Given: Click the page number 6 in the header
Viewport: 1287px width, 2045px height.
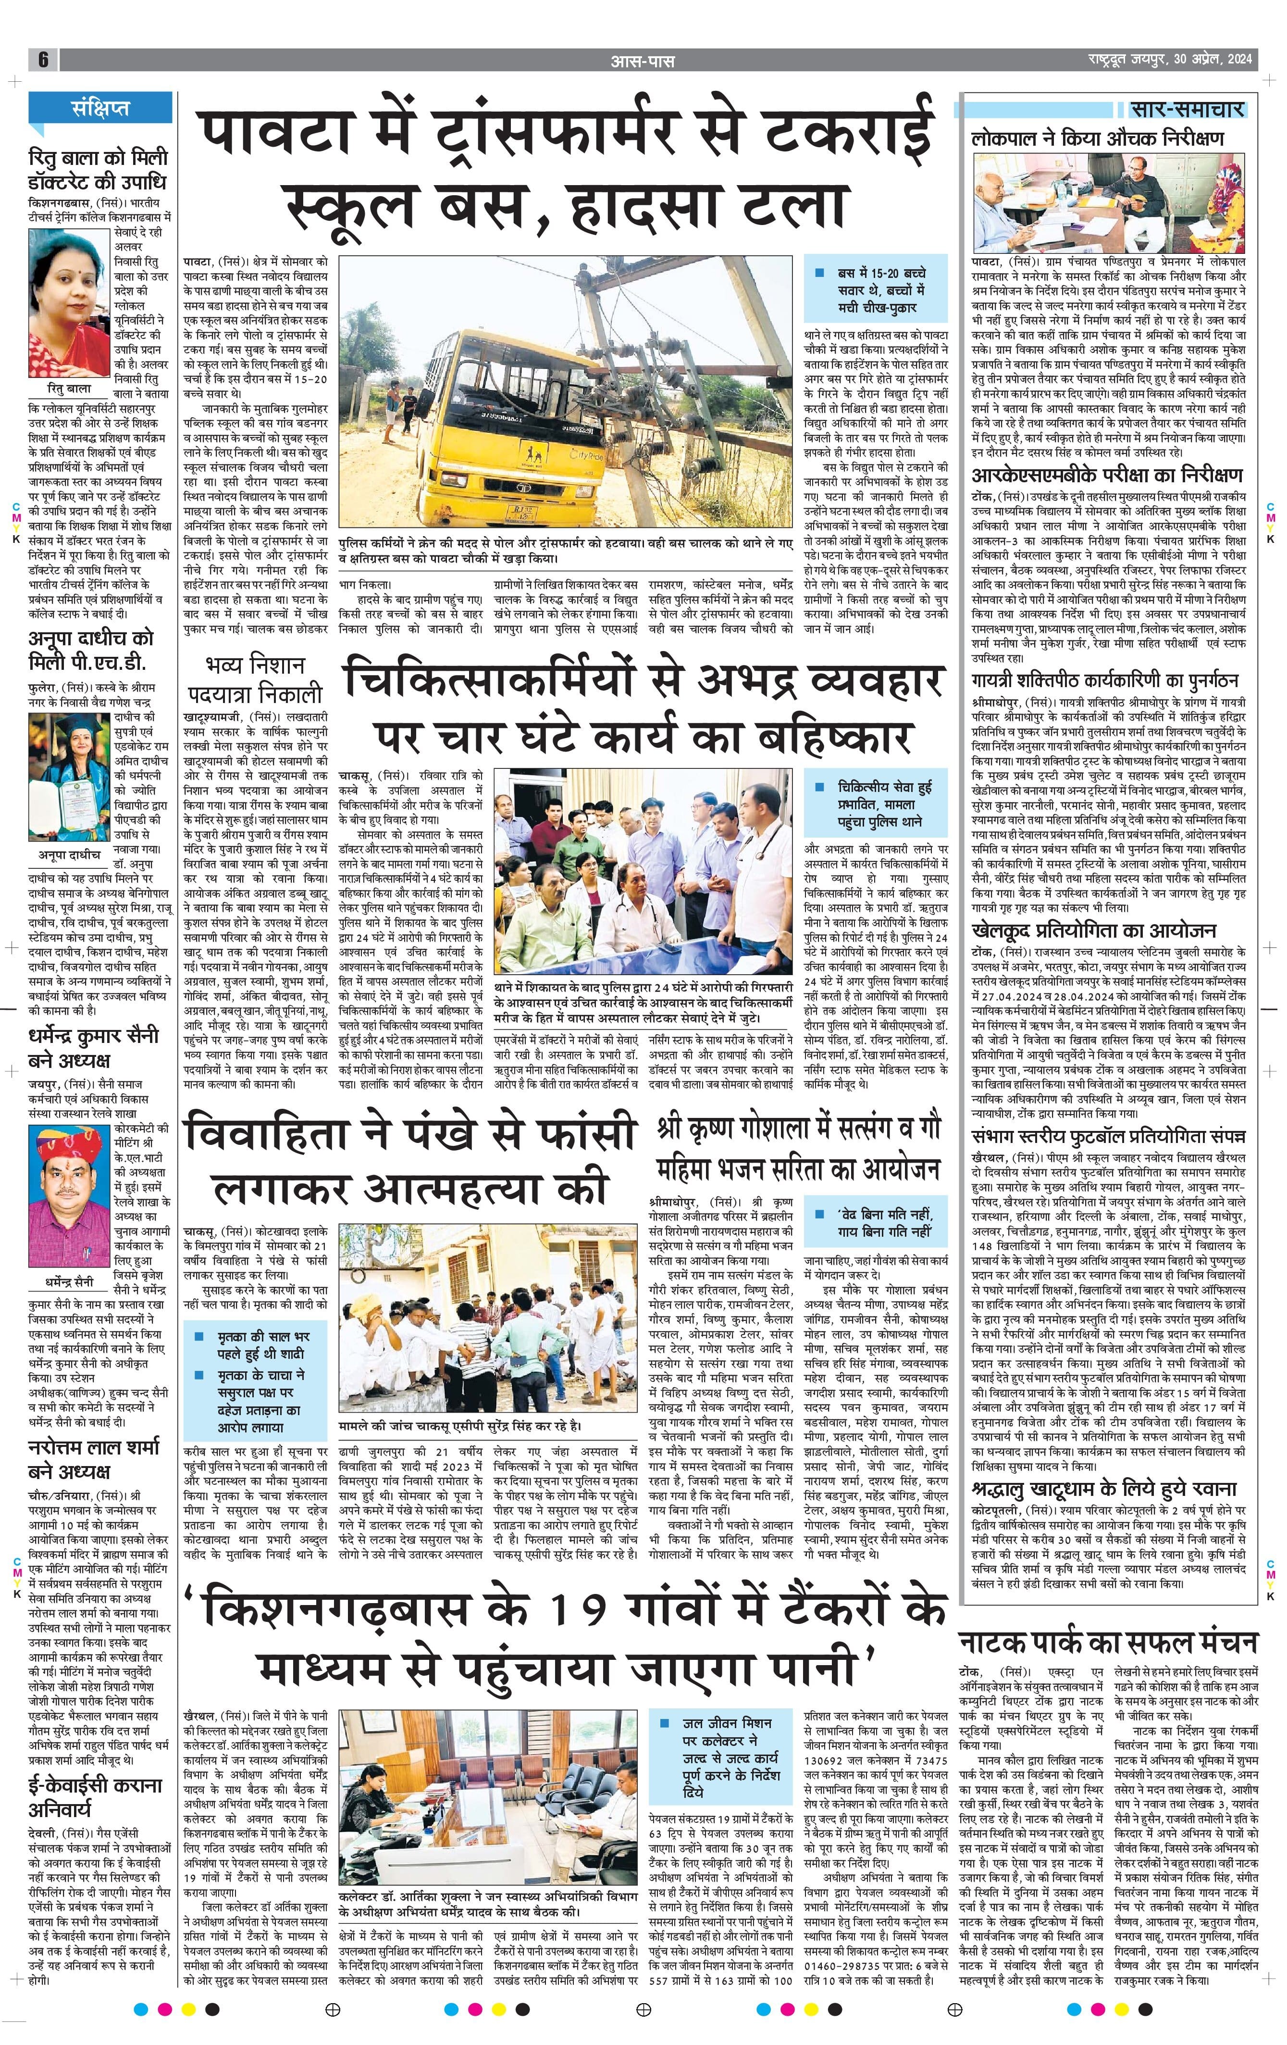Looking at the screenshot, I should pos(42,60).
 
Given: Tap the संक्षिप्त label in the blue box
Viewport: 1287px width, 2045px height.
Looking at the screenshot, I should pos(100,108).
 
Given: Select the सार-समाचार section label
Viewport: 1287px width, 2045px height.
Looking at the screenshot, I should pos(1187,109).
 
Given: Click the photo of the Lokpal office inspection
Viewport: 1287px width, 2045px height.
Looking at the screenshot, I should pos(1108,202).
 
